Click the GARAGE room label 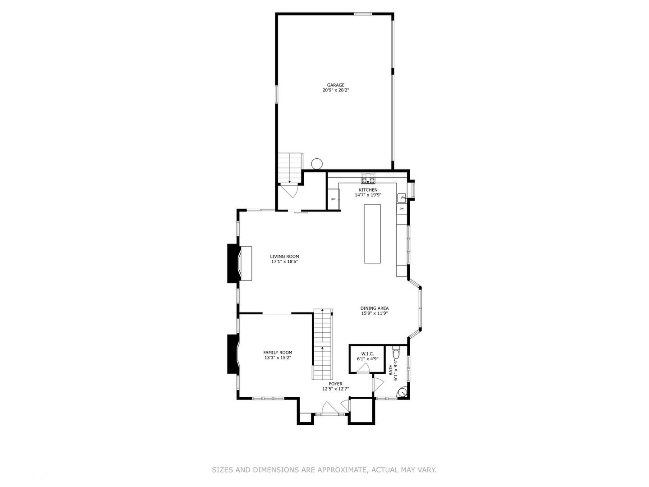point(336,85)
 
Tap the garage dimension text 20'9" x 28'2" point(336,90)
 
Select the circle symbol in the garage point(317,164)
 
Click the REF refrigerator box point(334,199)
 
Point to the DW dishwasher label point(402,209)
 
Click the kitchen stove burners point(368,179)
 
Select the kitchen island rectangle point(372,234)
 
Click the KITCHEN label point(368,190)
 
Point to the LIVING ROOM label point(284,257)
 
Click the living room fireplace point(239,263)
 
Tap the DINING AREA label point(375,308)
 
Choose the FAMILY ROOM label point(278,353)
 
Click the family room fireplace point(233,354)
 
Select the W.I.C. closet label point(367,354)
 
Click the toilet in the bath point(396,353)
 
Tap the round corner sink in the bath point(403,393)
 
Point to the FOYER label point(336,384)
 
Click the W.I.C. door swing point(363,368)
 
